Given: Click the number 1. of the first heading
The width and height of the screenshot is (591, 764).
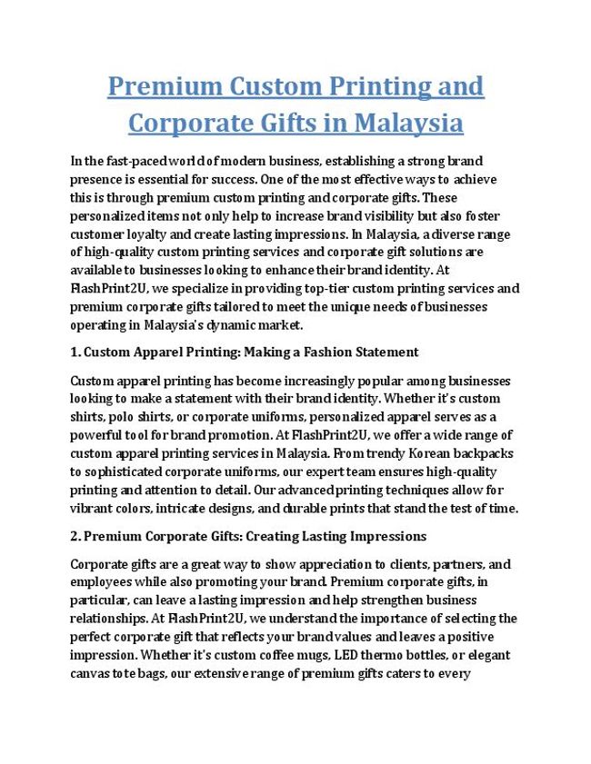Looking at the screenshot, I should coord(75,352).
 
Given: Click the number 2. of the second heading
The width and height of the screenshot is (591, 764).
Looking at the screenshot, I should coord(75,536).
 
